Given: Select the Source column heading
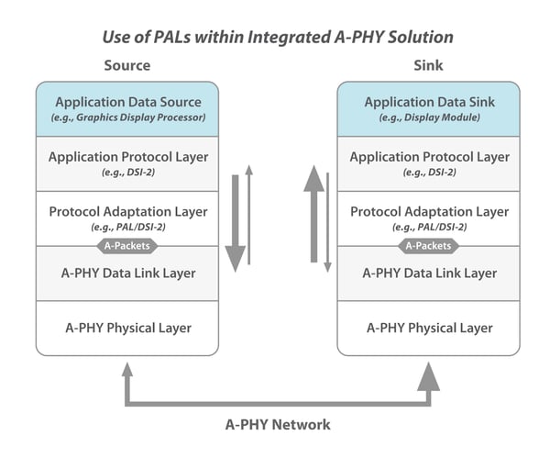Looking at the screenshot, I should point(127,66).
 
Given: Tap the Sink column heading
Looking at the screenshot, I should point(429,66).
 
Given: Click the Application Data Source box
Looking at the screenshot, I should point(127,108).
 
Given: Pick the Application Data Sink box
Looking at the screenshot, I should point(429,108).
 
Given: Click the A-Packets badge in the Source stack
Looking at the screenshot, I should point(127,246).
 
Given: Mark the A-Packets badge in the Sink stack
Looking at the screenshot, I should point(429,246).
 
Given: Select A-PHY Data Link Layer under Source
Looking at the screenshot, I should point(127,273).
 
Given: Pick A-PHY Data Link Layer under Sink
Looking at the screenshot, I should point(429,273).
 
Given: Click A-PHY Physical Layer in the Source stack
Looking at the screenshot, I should point(127,328).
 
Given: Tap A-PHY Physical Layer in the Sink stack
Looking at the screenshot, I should point(429,328).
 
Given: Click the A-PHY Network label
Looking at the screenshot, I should point(278,425).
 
